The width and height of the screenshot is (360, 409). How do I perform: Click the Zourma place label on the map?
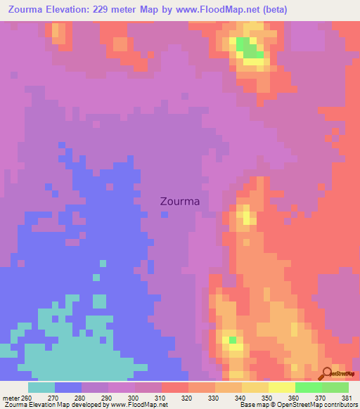pos(180,201)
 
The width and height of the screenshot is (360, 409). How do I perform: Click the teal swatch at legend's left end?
pos(41,387)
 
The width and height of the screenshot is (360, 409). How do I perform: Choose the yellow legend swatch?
pos(281,387)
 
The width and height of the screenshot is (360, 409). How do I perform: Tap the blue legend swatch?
pos(68,387)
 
